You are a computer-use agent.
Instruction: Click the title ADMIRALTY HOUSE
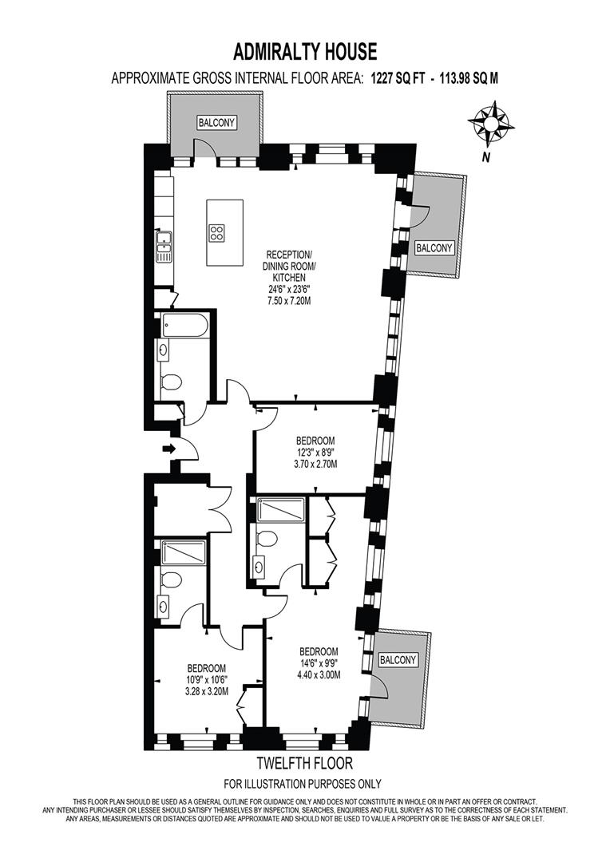(305, 53)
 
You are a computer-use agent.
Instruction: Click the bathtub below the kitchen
(184, 326)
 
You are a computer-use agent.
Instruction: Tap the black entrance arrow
(168, 449)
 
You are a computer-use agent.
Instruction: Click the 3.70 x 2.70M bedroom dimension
(315, 465)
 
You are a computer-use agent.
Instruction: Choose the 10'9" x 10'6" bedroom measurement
(206, 680)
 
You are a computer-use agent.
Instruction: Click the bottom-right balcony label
(398, 660)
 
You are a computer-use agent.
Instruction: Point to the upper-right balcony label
(434, 248)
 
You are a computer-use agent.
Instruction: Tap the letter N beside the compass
(485, 157)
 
